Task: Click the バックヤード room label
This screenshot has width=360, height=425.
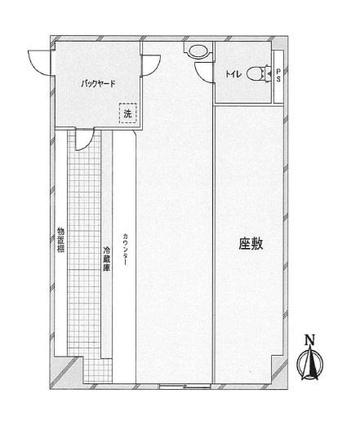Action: tap(98, 83)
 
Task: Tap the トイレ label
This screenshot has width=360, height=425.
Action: tap(233, 74)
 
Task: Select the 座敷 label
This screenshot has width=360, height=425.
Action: tap(251, 243)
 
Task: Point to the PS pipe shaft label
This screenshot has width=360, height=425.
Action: tap(278, 76)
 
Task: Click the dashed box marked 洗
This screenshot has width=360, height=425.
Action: tap(127, 113)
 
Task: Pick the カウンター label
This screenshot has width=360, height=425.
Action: tap(125, 250)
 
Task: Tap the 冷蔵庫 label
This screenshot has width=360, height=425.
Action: tap(107, 259)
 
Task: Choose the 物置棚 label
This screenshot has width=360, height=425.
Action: tap(60, 241)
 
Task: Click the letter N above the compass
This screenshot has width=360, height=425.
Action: tap(309, 340)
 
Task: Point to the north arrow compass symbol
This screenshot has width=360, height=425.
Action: tap(310, 364)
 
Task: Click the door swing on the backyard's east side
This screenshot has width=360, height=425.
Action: tap(151, 65)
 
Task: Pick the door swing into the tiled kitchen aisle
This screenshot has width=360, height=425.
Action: tap(84, 140)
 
